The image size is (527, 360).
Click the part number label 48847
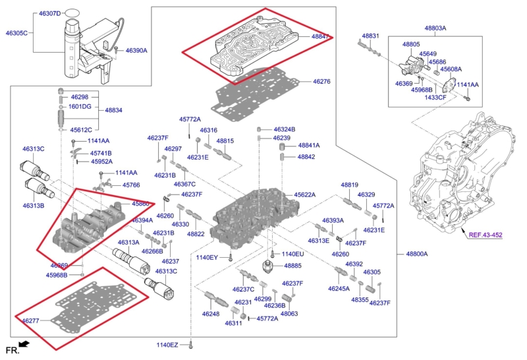coord(321,38)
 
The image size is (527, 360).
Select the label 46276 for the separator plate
coord(321,82)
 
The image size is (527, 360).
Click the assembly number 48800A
coord(417,254)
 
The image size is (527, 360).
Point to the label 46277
coord(30,321)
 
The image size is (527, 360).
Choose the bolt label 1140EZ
coord(167,345)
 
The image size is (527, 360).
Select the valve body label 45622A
coord(305,195)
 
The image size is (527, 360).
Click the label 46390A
coord(136,51)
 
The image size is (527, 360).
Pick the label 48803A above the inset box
coord(435,28)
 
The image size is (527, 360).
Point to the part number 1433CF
coord(435,97)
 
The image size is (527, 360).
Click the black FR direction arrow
coord(24,344)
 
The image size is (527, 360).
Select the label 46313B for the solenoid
coord(33,206)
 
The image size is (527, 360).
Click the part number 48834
coord(113,109)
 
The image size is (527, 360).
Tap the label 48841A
coord(309,145)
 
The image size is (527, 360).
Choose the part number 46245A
coord(340,288)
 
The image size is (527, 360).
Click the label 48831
coord(370,36)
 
